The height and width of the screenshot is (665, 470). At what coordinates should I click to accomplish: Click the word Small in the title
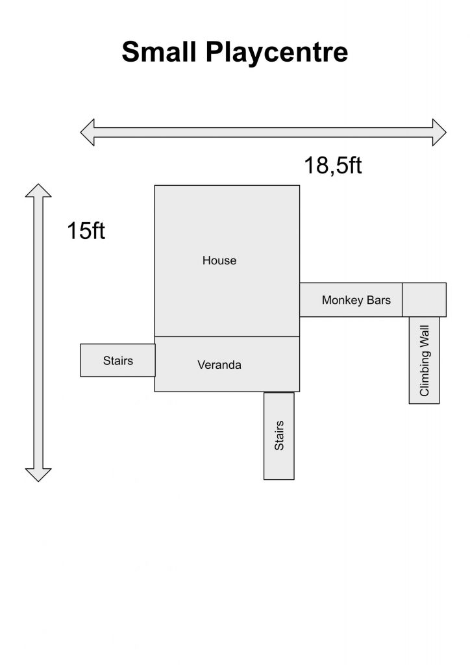point(159,52)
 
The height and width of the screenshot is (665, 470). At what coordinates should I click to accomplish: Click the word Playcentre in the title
point(277,53)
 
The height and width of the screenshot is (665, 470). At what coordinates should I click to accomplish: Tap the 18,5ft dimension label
point(333,166)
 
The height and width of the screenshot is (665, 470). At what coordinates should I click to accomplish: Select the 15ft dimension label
point(86,231)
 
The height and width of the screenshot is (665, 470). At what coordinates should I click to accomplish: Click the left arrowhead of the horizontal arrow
point(87,132)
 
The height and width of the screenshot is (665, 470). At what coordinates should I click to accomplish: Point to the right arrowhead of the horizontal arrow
point(439,132)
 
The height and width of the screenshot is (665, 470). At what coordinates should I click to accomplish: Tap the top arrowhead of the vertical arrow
point(38,190)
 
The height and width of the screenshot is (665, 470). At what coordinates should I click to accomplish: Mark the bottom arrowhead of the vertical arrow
point(38,475)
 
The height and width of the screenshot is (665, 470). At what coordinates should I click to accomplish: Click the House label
point(219,260)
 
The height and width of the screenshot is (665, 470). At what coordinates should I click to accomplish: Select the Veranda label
point(219,365)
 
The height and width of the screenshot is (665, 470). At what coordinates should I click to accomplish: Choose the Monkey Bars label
point(356,300)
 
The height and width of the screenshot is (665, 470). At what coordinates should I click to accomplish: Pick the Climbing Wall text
point(424,361)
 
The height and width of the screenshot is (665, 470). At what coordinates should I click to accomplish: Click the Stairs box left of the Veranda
point(117,360)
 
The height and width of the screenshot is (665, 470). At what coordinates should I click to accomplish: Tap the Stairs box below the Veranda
point(279,436)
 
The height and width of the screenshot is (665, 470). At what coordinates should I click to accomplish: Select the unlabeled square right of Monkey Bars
point(424,299)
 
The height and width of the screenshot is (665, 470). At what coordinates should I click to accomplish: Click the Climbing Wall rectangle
point(424,360)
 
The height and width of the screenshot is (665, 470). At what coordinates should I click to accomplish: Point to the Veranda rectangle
point(227,364)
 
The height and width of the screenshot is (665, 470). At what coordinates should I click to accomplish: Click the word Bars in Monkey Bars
point(378,300)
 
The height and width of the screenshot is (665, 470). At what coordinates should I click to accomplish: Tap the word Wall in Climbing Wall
point(424,336)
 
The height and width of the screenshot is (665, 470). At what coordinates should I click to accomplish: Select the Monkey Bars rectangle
point(351,299)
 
